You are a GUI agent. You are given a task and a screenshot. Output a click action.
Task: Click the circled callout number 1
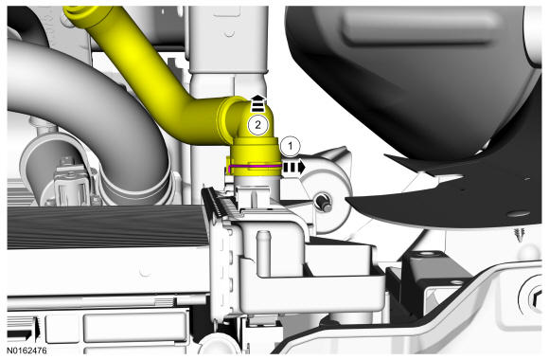[291, 146]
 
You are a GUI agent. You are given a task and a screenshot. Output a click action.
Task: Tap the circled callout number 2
[258, 125]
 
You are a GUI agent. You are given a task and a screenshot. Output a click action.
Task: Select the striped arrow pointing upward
[258, 102]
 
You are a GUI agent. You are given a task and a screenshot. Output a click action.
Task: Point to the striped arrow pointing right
[293, 168]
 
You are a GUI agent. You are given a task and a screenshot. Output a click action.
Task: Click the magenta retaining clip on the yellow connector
[253, 167]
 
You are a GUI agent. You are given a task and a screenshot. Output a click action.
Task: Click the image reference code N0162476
[27, 351]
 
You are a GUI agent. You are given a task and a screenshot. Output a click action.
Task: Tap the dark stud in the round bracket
[323, 204]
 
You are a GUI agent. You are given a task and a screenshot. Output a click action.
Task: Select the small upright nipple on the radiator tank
[263, 253]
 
